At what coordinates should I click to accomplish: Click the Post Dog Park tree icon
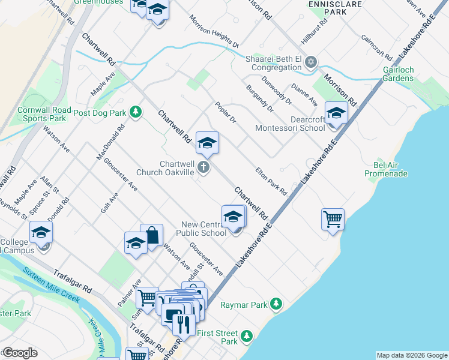coord(136,112)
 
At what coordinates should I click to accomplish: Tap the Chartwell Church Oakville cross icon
coord(204,168)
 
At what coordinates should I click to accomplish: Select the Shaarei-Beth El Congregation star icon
coord(311,62)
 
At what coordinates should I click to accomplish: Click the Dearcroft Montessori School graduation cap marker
coord(336,113)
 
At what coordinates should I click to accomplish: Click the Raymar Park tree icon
coord(276,305)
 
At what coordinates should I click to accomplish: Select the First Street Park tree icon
coord(246,337)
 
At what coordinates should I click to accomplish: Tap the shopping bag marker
coord(152,236)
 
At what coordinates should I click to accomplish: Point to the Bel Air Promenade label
coord(387,169)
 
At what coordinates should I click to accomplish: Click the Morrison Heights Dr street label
coord(214,31)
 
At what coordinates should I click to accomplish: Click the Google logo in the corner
coord(20,353)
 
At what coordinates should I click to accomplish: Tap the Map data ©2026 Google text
coord(412,355)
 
